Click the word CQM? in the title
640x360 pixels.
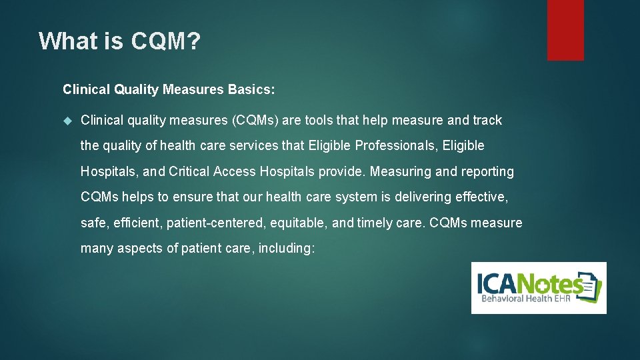point(166,42)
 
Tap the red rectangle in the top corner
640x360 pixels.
point(565,30)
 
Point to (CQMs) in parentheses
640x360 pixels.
point(256,121)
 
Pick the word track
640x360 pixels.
point(487,121)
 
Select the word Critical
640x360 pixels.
point(189,172)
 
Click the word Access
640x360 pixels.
point(235,172)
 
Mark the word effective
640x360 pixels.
point(481,197)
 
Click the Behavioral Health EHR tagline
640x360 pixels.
point(521,300)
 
